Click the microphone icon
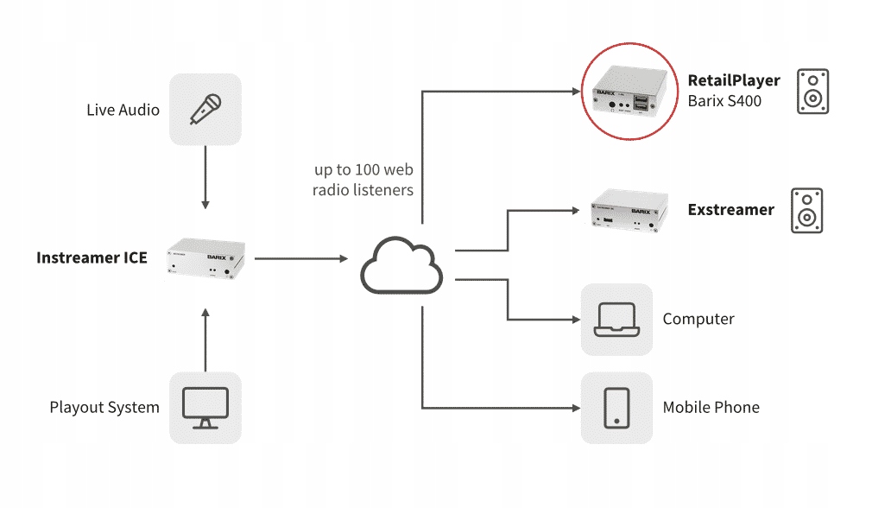(205, 110)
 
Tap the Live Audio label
(123, 110)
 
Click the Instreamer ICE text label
(92, 257)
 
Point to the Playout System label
(104, 407)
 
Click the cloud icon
(401, 264)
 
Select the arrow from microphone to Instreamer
(205, 177)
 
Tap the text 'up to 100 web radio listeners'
(363, 180)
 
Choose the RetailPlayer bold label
(734, 80)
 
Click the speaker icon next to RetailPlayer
(812, 91)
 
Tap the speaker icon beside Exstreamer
(806, 210)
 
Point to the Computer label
(698, 319)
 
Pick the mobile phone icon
(616, 407)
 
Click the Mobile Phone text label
(711, 407)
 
